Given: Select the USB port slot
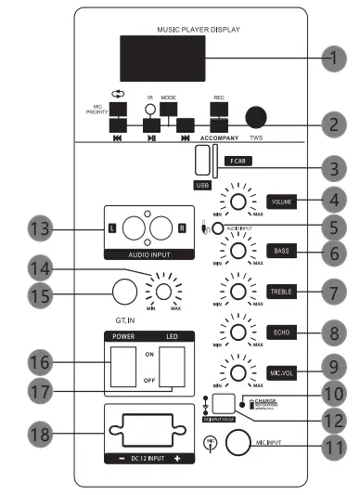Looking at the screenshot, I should click(x=203, y=160).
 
